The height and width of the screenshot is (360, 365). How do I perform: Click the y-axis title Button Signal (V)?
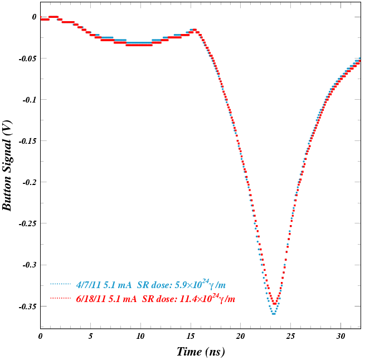pyautogui.click(x=7, y=166)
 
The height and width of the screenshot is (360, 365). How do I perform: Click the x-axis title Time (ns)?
pyautogui.click(x=201, y=352)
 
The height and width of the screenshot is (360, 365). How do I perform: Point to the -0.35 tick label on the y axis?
pyautogui.click(x=27, y=307)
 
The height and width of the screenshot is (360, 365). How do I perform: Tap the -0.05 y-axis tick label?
pyautogui.click(x=27, y=59)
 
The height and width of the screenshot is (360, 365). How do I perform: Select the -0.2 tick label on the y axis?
pyautogui.click(x=29, y=182)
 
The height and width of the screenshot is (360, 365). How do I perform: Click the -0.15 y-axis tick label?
pyautogui.click(x=27, y=141)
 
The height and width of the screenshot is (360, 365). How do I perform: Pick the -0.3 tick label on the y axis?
pyautogui.click(x=29, y=265)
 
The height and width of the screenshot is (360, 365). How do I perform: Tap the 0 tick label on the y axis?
pyautogui.click(x=34, y=17)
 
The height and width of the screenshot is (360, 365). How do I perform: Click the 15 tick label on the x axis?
pyautogui.click(x=191, y=337)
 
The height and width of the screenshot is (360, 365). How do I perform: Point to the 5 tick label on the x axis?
pyautogui.click(x=91, y=337)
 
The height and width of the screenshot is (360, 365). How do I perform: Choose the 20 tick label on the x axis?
pyautogui.click(x=241, y=337)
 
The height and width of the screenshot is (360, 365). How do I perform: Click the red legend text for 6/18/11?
pyautogui.click(x=155, y=299)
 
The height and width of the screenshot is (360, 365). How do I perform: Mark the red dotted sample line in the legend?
pyautogui.click(x=61, y=299)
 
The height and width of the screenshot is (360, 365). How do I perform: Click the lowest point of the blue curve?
pyautogui.click(x=274, y=314)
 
